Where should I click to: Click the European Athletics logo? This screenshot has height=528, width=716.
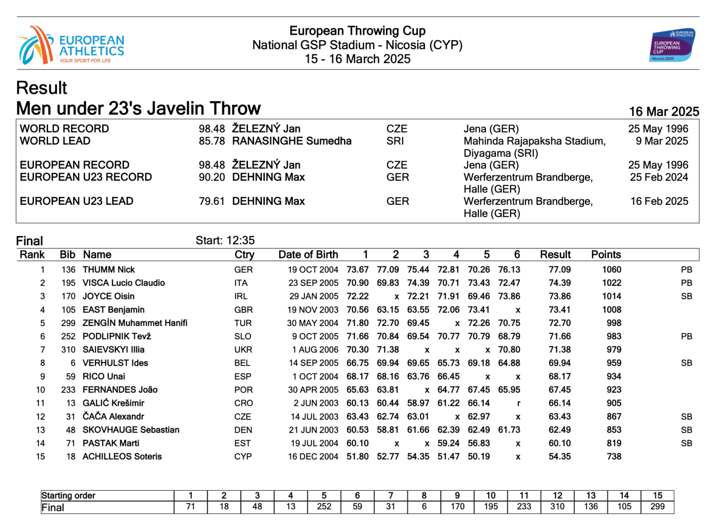(x=71, y=46)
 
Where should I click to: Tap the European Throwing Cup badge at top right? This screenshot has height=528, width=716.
(x=672, y=46)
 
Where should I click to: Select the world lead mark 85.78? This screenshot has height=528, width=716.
(x=212, y=141)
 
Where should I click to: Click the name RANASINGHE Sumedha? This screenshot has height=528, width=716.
(x=291, y=141)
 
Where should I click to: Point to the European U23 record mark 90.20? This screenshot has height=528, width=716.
(x=212, y=177)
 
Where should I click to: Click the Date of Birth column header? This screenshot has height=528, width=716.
(x=308, y=255)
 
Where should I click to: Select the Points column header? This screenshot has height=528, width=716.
(x=606, y=255)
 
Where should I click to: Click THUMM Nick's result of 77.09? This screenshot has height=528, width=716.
(x=559, y=270)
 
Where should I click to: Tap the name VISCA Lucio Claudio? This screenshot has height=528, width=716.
(x=124, y=283)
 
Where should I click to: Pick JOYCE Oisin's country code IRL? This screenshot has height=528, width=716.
(x=241, y=296)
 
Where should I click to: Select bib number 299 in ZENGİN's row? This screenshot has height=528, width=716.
(x=68, y=323)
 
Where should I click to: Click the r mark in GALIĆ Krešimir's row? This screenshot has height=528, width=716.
(x=518, y=403)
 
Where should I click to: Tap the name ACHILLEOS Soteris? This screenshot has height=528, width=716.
(x=122, y=457)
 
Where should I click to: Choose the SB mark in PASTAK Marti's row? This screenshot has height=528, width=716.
(x=686, y=444)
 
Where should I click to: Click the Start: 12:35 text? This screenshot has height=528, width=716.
(x=225, y=241)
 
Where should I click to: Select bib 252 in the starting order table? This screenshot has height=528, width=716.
(x=324, y=507)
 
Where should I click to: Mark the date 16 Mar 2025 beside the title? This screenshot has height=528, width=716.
(x=664, y=112)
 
